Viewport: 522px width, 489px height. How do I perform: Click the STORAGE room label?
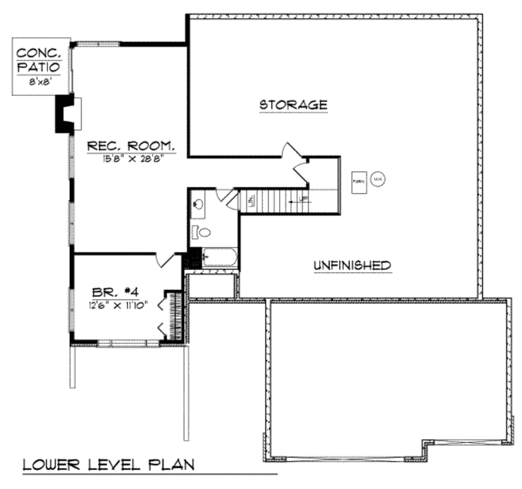(x=293, y=105)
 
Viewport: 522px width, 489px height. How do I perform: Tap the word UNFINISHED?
(x=352, y=265)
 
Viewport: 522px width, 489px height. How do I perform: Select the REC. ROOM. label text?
(x=132, y=146)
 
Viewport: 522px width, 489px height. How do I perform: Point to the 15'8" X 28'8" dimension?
(x=136, y=159)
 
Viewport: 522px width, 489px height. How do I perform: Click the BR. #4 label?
(x=115, y=292)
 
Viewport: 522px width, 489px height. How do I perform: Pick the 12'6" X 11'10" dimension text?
(x=118, y=305)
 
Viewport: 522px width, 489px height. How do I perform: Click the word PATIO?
(x=39, y=67)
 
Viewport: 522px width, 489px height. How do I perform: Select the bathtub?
(x=220, y=258)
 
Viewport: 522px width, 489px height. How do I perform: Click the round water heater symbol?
(x=378, y=179)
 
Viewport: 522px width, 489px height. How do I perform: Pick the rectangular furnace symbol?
(x=359, y=182)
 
